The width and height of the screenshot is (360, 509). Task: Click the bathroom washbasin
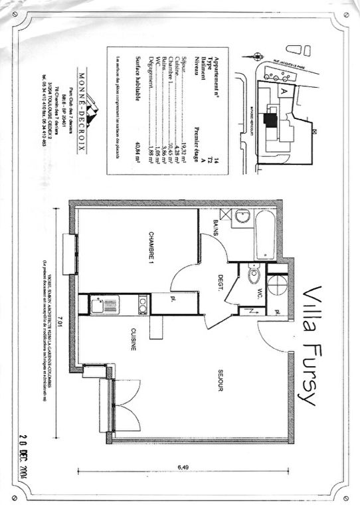click(x=242, y=217)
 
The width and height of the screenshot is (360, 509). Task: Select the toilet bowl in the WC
click(x=253, y=276)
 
